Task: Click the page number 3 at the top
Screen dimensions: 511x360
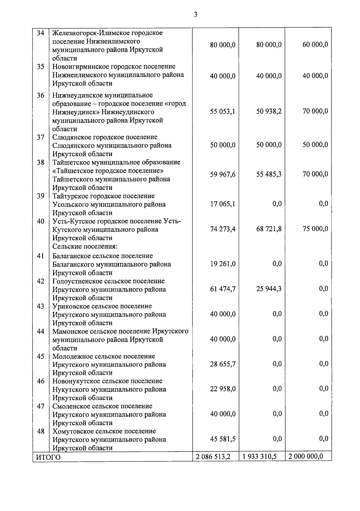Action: [x=195, y=14]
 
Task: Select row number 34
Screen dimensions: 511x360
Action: [x=40, y=33]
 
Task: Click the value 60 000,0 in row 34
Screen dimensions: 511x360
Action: [x=315, y=45]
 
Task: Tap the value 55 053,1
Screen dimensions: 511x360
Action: [x=223, y=112]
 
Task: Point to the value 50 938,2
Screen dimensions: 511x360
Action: [x=269, y=111]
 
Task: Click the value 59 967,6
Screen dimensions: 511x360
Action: [x=223, y=174]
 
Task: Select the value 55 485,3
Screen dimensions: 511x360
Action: [x=269, y=174]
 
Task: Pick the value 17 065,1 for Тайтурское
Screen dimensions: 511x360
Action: [x=223, y=204]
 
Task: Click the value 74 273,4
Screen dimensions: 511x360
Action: [x=223, y=229]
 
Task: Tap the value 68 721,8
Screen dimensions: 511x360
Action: [x=269, y=229]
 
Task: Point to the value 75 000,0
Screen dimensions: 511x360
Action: [x=315, y=229]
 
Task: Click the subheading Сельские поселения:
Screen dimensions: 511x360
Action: [x=85, y=246]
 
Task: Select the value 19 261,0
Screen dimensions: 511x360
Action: [x=223, y=264]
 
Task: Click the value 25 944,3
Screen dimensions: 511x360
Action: [x=269, y=289]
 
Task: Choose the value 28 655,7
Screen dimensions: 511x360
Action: [x=223, y=364]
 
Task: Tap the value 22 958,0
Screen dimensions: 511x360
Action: [x=223, y=389]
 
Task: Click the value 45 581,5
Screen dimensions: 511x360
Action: [x=223, y=439]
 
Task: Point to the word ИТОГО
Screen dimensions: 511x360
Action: [x=48, y=457]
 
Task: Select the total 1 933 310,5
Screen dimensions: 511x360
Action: [x=260, y=457]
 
